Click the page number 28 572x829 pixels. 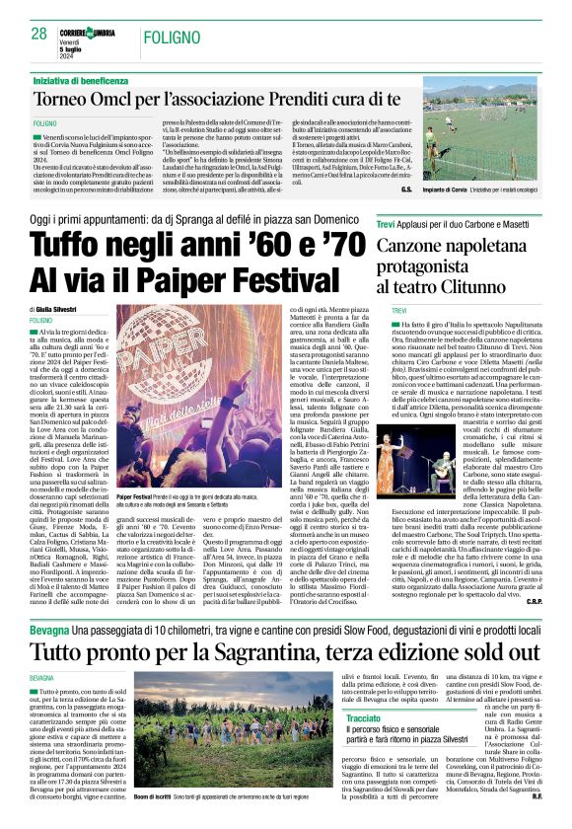(39, 34)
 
